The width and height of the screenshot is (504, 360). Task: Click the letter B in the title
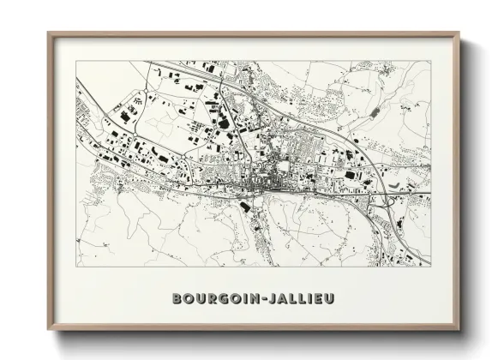tap(177, 298)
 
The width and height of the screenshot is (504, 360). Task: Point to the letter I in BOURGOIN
tap(237, 298)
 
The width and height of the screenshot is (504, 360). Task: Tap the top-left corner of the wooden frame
tap(49, 34)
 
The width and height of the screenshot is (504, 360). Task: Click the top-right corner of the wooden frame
tap(459, 34)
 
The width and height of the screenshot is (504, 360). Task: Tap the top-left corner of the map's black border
tap(76, 61)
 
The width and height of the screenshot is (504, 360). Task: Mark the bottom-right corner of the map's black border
tap(431, 267)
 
